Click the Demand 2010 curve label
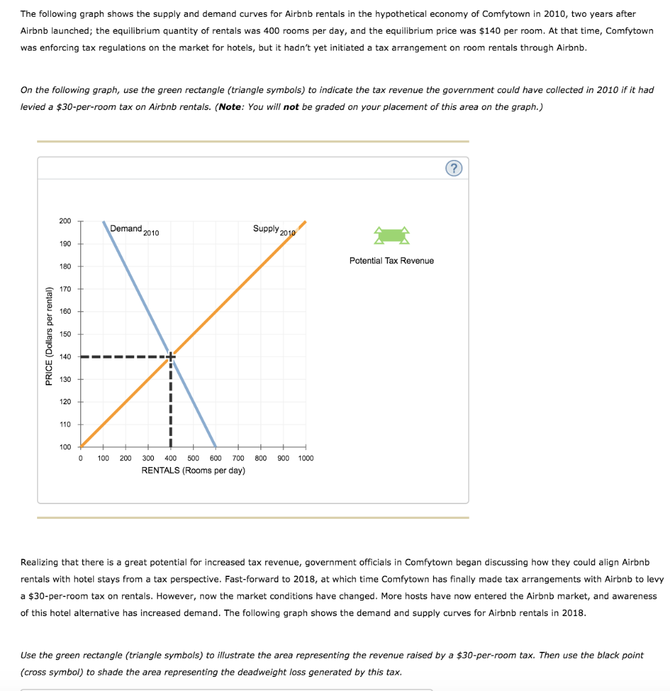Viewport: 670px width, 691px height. (134, 229)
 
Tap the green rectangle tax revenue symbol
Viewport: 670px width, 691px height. (392, 235)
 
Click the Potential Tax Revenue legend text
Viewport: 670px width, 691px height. (391, 260)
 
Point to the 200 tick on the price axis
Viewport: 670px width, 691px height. (65, 221)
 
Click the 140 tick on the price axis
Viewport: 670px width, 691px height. (65, 356)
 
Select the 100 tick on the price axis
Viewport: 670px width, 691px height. (65, 447)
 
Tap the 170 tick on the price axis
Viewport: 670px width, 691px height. (65, 289)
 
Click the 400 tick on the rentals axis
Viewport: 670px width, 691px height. (171, 458)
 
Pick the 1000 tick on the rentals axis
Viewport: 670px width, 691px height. (306, 458)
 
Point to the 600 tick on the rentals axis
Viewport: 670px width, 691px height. (216, 458)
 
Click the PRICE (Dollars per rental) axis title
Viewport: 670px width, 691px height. (49, 336)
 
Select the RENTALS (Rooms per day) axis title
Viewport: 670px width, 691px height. (193, 470)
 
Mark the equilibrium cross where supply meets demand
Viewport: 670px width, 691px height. (171, 356)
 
